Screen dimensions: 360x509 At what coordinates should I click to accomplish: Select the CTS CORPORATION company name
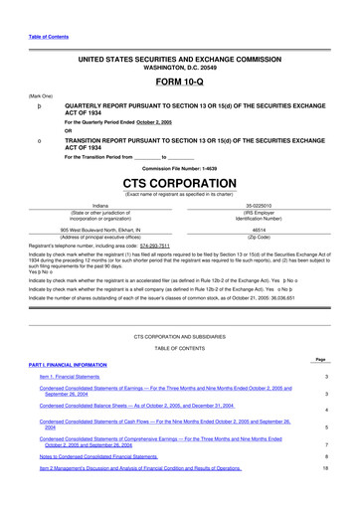[181, 185]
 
